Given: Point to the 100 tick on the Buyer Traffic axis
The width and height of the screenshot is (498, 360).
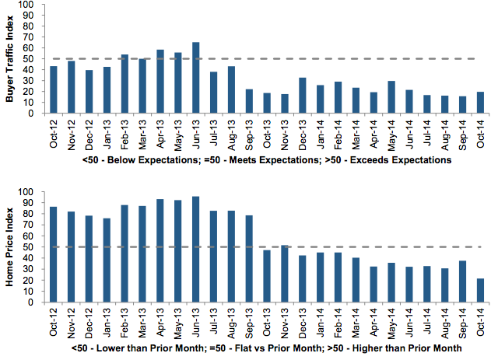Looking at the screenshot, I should click(x=27, y=5).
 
